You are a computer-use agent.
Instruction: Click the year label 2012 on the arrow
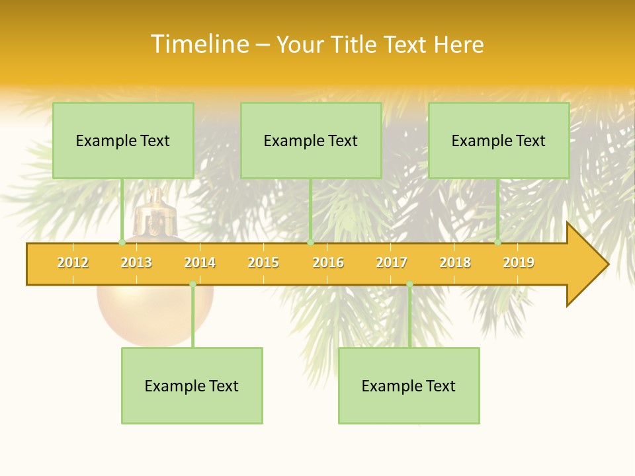[x=73, y=262]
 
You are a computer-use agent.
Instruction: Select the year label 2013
[x=136, y=262]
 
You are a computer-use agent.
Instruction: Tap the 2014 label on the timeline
[x=200, y=262]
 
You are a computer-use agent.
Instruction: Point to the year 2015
[x=263, y=262]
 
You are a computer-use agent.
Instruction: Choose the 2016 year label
[x=328, y=262]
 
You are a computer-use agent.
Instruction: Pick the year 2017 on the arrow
[x=392, y=262]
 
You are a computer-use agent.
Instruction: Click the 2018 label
[x=455, y=262]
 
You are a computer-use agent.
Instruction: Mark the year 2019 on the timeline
[x=519, y=262]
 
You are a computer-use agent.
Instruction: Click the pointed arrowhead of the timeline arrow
[x=592, y=264]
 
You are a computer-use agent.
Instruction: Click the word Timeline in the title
[x=199, y=44]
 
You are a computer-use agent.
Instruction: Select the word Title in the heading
[x=355, y=44]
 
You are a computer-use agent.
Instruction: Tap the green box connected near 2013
[x=123, y=140]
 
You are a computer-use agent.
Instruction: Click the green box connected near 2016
[x=311, y=140]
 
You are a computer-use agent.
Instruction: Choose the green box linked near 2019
[x=499, y=140]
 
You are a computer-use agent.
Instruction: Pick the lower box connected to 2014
[x=192, y=385]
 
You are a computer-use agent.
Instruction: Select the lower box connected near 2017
[x=409, y=385]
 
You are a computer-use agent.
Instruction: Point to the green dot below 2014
[x=192, y=284]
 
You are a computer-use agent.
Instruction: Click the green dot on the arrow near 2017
[x=409, y=284]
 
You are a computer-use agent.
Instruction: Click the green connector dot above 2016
[x=310, y=243]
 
